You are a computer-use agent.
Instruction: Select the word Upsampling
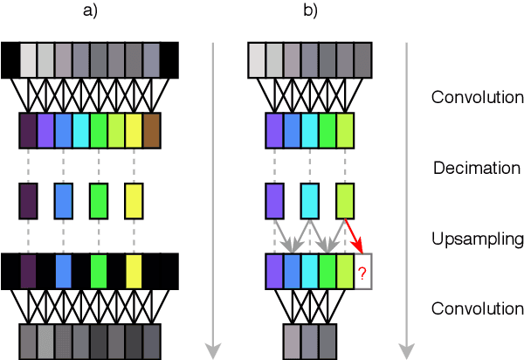pyautogui.click(x=476, y=238)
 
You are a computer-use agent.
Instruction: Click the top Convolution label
pyautogui.click(x=477, y=96)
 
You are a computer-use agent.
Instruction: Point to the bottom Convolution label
pyautogui.click(x=477, y=308)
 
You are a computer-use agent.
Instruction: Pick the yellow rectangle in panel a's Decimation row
pyautogui.click(x=134, y=199)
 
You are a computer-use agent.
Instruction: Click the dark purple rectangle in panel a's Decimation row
pyautogui.click(x=29, y=199)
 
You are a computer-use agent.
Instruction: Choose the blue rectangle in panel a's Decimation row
pyautogui.click(x=64, y=199)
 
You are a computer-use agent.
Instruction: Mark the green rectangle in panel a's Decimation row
pyautogui.click(x=99, y=199)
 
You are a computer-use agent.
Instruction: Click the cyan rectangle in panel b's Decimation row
pyautogui.click(x=310, y=199)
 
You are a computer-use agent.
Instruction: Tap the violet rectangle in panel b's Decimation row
pyautogui.click(x=275, y=199)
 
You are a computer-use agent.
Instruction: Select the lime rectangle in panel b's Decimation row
pyautogui.click(x=345, y=199)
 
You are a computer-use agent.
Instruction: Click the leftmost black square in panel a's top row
pyautogui.click(x=10, y=59)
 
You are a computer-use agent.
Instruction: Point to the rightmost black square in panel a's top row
pyautogui.click(x=169, y=59)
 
